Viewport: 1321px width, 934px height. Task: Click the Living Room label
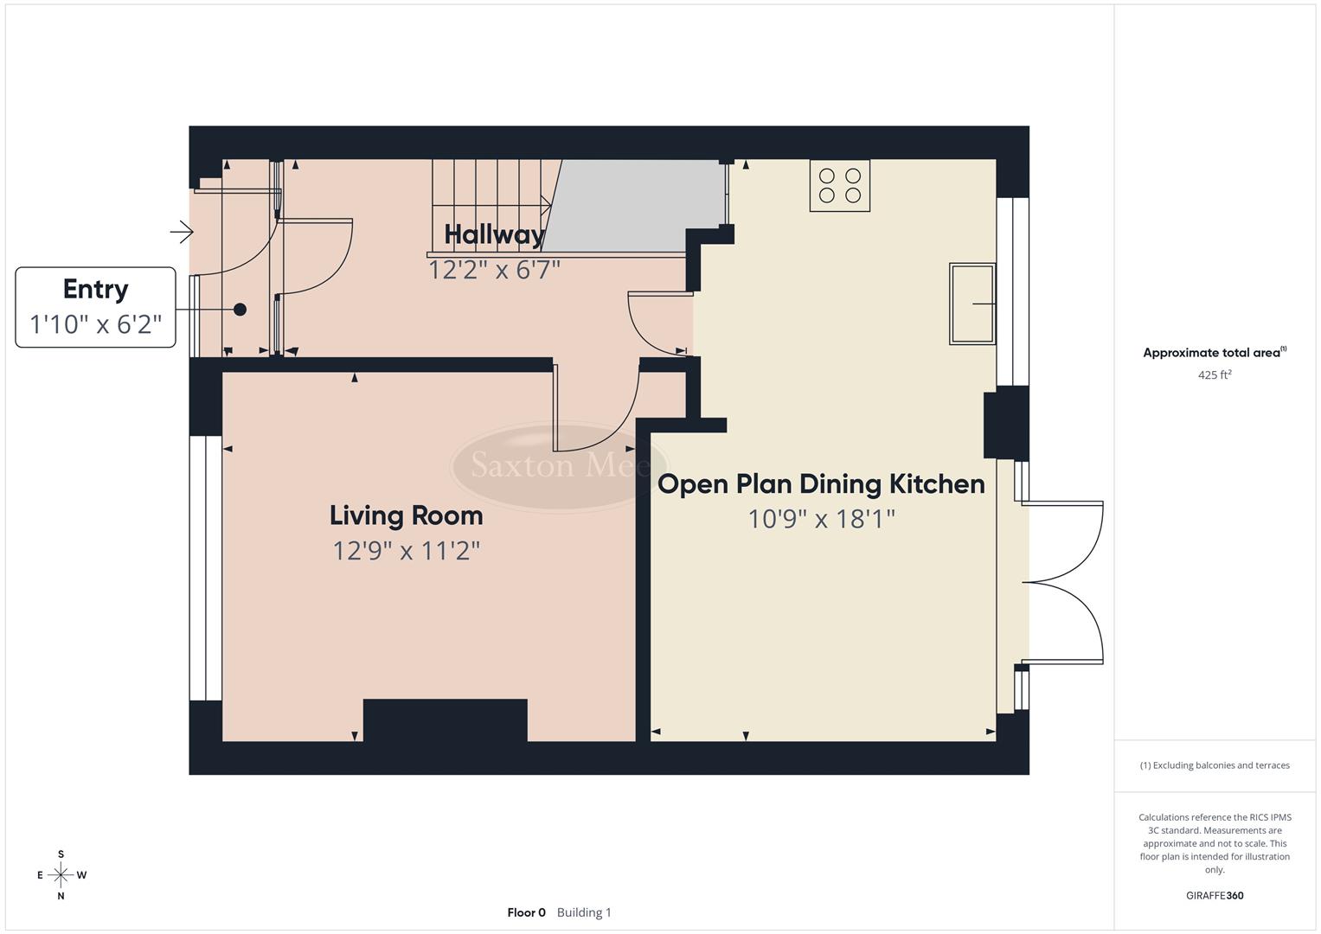(x=406, y=515)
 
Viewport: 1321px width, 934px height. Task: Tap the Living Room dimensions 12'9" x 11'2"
(x=406, y=550)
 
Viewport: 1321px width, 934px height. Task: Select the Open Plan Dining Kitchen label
(x=821, y=483)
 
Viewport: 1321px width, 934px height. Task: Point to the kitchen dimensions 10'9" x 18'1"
(x=821, y=519)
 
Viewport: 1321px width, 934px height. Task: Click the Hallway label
(x=494, y=234)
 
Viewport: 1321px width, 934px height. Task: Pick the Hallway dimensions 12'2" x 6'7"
(x=494, y=270)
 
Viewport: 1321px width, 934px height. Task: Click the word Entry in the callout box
(x=95, y=289)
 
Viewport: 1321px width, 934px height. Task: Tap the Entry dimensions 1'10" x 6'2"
(x=95, y=324)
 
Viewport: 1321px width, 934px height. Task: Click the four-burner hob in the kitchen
(x=839, y=185)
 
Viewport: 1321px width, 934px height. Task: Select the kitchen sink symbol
(x=972, y=304)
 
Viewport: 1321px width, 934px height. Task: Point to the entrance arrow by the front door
(x=182, y=232)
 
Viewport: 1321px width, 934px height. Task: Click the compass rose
(x=61, y=875)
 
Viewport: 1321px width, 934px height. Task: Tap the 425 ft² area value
(x=1214, y=375)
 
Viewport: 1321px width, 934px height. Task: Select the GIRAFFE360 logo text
(x=1214, y=896)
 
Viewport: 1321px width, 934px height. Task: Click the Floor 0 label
(x=526, y=912)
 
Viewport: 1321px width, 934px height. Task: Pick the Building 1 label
(x=584, y=912)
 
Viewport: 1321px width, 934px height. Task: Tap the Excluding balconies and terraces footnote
(x=1214, y=765)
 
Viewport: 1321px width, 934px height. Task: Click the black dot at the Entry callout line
(x=240, y=310)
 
